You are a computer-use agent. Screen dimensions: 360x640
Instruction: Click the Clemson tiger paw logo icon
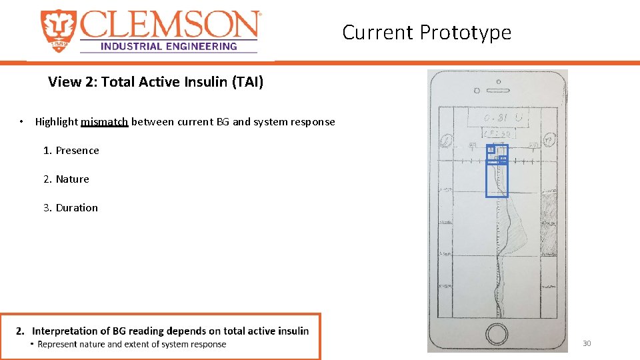point(59,31)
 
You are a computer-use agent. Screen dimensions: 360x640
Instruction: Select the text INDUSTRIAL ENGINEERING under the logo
point(168,47)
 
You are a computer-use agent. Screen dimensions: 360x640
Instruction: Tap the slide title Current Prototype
point(427,32)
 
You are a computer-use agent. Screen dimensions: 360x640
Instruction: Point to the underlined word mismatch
point(104,121)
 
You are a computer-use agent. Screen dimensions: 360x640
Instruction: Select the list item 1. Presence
point(71,151)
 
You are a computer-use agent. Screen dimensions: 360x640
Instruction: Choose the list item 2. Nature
point(66,179)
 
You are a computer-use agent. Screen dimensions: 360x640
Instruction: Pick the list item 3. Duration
point(70,208)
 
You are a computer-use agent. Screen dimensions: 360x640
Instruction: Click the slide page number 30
point(587,343)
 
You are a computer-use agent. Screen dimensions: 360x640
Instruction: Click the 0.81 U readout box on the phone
point(497,118)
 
